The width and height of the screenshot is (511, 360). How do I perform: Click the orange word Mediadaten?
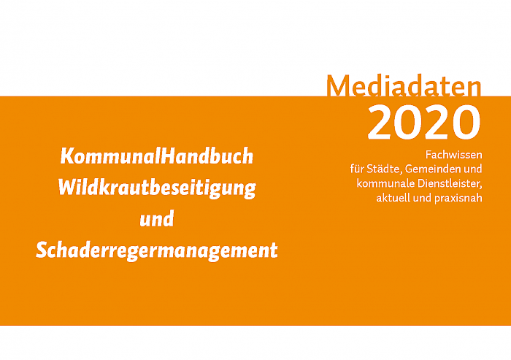[x=404, y=86]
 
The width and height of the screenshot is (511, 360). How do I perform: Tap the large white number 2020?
[x=424, y=123]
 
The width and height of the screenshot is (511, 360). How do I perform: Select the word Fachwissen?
[x=453, y=155]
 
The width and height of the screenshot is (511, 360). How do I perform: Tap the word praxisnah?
[x=458, y=199]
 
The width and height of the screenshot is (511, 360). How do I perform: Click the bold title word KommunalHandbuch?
[x=157, y=156]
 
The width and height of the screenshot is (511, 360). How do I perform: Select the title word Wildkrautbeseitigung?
[x=157, y=188]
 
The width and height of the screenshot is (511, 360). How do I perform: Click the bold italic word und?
[x=157, y=219]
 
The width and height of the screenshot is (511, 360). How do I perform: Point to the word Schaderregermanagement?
[x=157, y=250]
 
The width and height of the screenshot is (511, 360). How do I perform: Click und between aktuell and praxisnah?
[x=422, y=198]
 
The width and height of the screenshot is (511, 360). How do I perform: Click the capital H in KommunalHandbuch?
[x=169, y=156]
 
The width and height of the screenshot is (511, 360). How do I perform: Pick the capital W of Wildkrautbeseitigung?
[x=69, y=188]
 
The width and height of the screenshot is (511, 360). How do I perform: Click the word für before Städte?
[x=357, y=169]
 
